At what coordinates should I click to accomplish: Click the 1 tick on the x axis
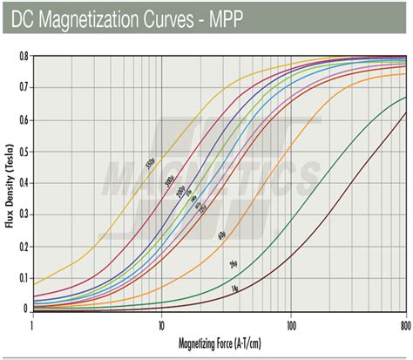pos(32,324)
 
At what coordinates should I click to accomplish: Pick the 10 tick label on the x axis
pos(161,324)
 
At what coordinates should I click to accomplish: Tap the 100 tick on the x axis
pos(290,324)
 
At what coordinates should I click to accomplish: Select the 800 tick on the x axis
pos(404,324)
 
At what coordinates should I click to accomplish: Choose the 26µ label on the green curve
pos(233,264)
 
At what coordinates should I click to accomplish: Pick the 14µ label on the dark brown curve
pos(235,289)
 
